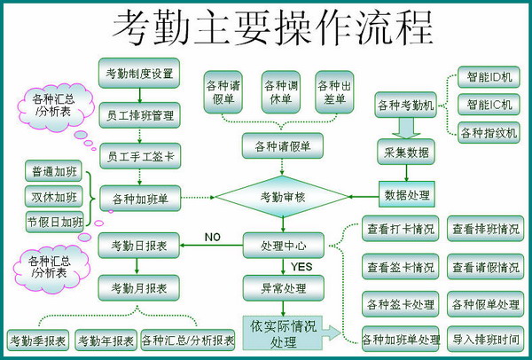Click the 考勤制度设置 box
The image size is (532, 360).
click(139, 73)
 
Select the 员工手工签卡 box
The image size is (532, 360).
click(140, 156)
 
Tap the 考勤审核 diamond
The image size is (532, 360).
click(282, 197)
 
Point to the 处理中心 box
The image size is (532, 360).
click(284, 246)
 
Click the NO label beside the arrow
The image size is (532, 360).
click(213, 237)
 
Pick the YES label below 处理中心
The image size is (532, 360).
click(301, 267)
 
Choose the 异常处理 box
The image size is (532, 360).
click(284, 288)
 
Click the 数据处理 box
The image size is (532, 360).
click(407, 194)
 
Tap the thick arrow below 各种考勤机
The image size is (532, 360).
click(406, 128)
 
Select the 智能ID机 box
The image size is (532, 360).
click(489, 77)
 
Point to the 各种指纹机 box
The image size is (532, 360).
click(489, 132)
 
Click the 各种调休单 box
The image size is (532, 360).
click(281, 92)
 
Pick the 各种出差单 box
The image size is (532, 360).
click(334, 92)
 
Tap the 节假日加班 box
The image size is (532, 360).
click(54, 222)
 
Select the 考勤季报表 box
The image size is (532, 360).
click(37, 340)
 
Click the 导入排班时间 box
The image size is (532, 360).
click(486, 339)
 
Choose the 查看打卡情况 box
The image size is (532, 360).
click(401, 229)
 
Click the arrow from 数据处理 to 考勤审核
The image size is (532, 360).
click(364, 197)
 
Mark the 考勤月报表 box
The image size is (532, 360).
click(139, 287)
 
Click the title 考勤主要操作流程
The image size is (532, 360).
click(272, 27)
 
